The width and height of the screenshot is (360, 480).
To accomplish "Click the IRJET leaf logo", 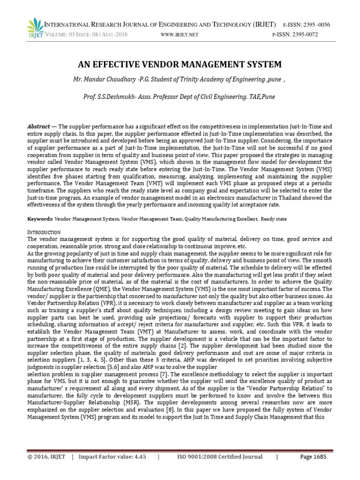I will point(33,28).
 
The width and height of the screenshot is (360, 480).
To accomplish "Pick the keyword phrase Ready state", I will point(274,219).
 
